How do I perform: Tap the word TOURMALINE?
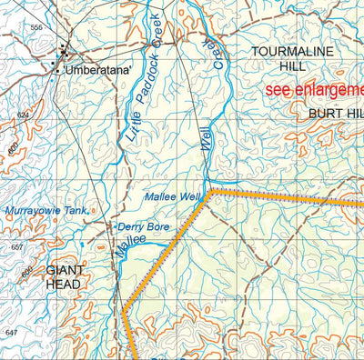[293, 52]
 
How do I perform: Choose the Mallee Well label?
[171, 195]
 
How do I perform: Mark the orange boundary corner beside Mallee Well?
[210, 192]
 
